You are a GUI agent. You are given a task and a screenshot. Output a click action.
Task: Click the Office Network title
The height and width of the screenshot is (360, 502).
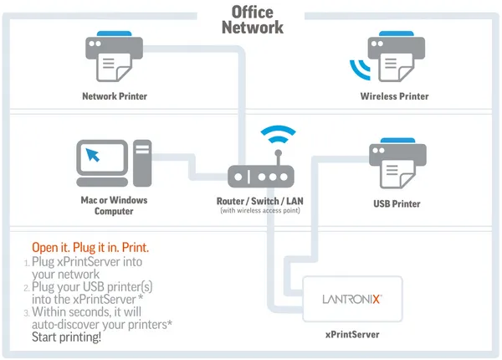pyautogui.click(x=252, y=20)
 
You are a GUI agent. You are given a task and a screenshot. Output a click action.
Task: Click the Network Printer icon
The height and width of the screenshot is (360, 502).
pyautogui.click(x=115, y=57)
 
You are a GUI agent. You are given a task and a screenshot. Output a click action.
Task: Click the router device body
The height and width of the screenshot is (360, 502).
pyautogui.click(x=262, y=177)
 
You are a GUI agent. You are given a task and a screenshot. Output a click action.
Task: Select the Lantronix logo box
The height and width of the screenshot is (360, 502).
pyautogui.click(x=352, y=298)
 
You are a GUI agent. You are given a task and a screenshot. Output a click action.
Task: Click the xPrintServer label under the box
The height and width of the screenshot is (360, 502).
pyautogui.click(x=352, y=334)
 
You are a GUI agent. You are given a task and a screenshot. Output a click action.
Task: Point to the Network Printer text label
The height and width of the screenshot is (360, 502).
pyautogui.click(x=115, y=96)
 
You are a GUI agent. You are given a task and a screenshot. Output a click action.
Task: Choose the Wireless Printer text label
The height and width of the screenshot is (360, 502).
pyautogui.click(x=395, y=96)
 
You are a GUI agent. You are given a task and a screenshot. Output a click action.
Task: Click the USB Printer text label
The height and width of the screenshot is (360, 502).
pyautogui.click(x=397, y=203)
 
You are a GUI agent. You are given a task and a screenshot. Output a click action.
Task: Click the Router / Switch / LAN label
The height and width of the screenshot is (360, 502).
pyautogui.click(x=262, y=201)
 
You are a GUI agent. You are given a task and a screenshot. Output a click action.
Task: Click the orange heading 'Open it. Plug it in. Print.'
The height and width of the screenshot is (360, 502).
pyautogui.click(x=90, y=248)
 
